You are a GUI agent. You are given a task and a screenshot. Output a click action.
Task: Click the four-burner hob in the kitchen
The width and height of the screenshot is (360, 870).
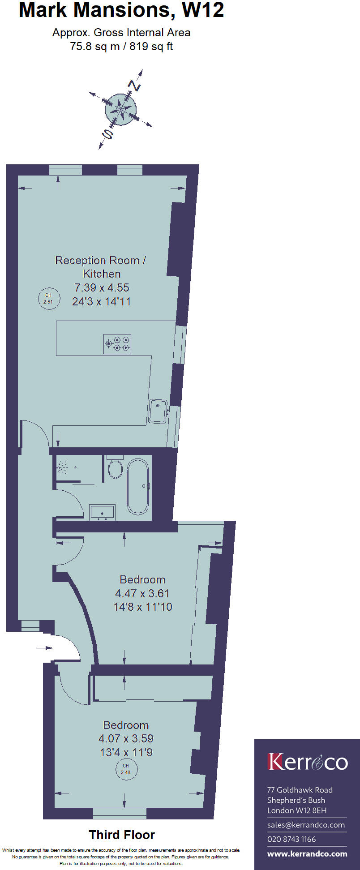tap(117, 344)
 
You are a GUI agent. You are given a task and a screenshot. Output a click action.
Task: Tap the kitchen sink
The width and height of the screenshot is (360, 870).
tap(158, 411)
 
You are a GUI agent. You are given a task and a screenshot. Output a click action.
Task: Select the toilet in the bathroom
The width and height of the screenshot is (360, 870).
tap(116, 468)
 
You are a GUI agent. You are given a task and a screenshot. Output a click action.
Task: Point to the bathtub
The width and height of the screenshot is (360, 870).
tap(138, 486)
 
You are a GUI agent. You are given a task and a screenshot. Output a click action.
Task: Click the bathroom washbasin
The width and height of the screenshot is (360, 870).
tap(103, 512)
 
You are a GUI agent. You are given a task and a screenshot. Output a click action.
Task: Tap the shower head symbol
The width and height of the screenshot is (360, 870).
tap(61, 468)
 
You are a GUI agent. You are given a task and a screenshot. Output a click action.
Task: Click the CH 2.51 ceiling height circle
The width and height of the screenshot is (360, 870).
tap(48, 298)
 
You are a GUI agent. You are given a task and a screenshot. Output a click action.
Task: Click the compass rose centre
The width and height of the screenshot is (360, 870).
tap(121, 109)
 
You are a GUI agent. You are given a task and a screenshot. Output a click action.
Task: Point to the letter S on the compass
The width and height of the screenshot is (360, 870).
tap(107, 133)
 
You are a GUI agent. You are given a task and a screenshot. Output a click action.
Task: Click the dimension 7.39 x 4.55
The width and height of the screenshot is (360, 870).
tap(102, 287)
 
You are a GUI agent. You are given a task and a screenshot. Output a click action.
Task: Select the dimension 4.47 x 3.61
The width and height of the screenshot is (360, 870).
tap(142, 593)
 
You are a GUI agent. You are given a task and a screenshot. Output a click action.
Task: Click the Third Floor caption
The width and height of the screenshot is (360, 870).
tap(122, 835)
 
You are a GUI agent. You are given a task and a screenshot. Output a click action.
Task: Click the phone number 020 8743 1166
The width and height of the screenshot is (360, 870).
tap(291, 839)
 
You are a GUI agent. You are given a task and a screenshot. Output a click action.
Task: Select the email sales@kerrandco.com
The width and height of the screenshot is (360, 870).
tap(306, 825)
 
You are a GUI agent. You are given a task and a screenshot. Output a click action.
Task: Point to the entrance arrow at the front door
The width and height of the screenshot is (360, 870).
tap(45, 648)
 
